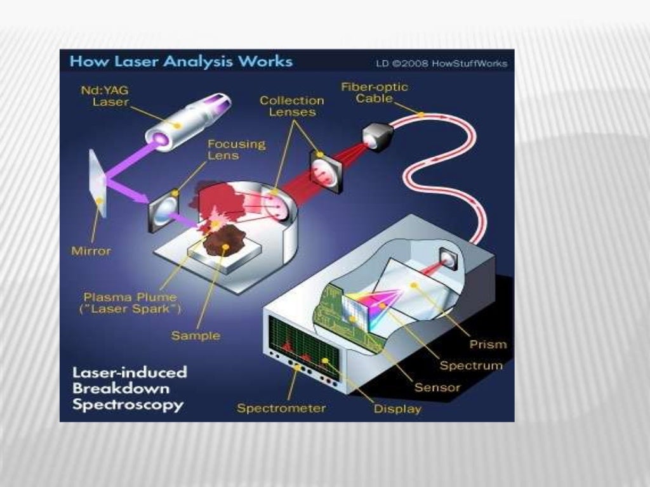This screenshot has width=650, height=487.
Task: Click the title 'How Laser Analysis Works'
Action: [181, 62]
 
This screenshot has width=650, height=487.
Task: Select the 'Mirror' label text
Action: [91, 251]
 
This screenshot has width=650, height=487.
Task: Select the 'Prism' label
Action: [488, 344]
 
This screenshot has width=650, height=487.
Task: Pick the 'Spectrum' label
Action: [471, 365]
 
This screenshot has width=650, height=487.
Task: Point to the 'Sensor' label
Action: [437, 387]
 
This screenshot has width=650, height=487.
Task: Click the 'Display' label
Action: [397, 409]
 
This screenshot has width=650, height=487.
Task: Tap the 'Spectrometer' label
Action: [281, 408]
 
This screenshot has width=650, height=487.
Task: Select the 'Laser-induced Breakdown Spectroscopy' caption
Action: [129, 388]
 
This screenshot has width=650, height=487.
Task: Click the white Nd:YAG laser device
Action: [181, 120]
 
